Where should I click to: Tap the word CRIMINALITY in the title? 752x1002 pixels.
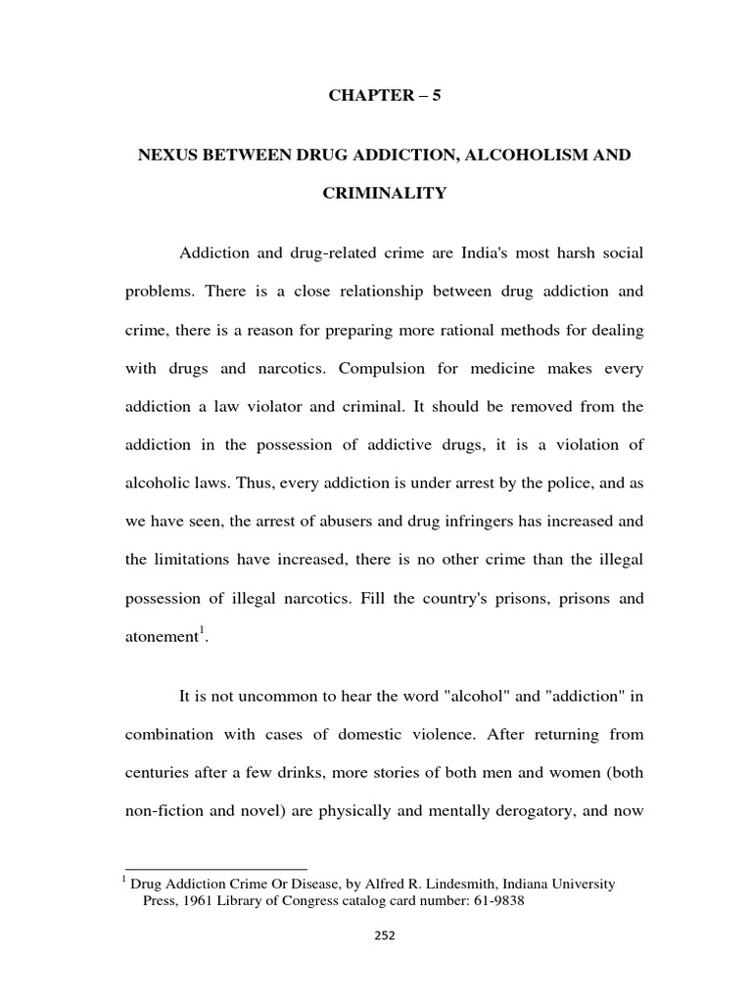pyautogui.click(x=385, y=193)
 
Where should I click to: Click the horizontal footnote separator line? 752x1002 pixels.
pyautogui.click(x=216, y=868)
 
